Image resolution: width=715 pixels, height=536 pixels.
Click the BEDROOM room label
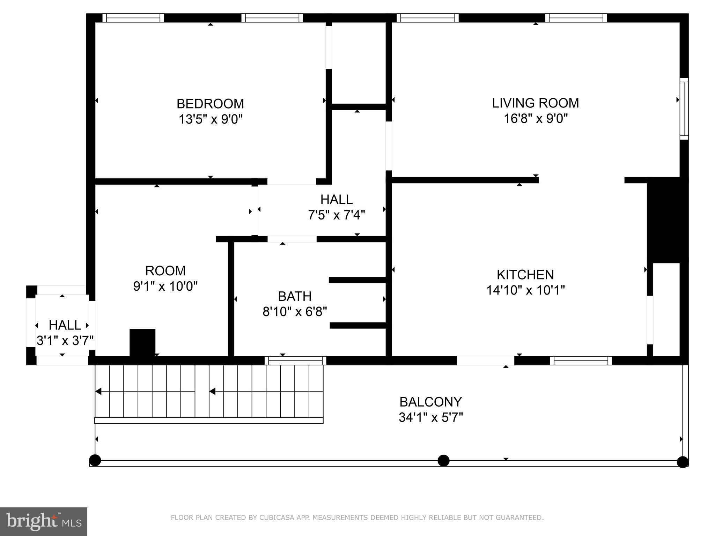tap(210, 104)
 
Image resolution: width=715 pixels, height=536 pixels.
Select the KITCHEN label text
tap(525, 275)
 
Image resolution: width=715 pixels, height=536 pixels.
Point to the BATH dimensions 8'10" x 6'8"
tap(295, 312)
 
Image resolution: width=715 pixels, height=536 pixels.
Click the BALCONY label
tap(430, 402)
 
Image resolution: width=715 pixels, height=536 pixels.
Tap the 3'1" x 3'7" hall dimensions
tap(65, 341)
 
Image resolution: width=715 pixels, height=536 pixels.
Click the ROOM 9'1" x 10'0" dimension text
tap(165, 286)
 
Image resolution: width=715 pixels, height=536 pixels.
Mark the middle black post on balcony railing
tap(443, 461)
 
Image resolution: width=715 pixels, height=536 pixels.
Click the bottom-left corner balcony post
tap(95, 461)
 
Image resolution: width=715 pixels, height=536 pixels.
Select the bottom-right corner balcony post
tap(683, 462)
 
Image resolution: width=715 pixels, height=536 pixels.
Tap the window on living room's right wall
tap(684, 109)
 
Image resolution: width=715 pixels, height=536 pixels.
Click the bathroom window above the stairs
tap(295, 360)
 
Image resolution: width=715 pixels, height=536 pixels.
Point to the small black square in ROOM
tap(142, 342)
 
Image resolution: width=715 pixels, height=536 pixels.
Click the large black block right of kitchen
tap(667, 220)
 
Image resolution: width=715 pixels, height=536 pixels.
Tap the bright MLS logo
tap(44, 521)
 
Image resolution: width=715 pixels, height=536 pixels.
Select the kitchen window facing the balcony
tap(581, 360)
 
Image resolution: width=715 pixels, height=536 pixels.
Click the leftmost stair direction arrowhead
tap(98, 392)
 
